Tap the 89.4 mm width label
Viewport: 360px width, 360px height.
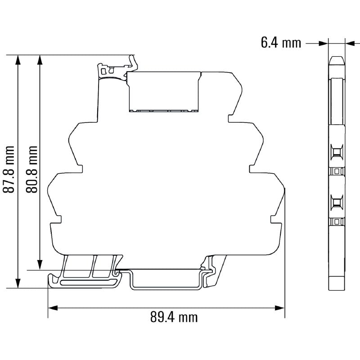click(174, 317)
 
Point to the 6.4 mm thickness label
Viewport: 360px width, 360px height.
click(280, 43)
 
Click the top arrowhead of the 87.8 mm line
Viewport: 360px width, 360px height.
click(18, 59)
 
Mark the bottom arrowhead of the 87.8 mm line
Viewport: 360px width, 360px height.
click(18, 283)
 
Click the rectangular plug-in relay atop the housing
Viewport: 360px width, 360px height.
click(164, 91)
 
